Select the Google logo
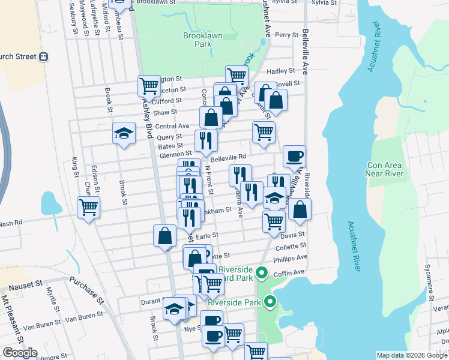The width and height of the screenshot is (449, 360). tap(20, 352)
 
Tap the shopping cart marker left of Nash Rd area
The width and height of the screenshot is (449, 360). tap(89, 207)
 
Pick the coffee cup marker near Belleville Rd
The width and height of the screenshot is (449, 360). tap(294, 156)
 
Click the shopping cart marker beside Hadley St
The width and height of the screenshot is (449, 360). tap(237, 76)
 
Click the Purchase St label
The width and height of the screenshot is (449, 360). tap(83, 288)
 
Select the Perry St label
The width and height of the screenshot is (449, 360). tap(287, 35)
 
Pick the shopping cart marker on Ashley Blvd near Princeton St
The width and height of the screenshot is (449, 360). tap(149, 86)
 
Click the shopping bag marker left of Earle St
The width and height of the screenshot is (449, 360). tap(165, 236)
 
